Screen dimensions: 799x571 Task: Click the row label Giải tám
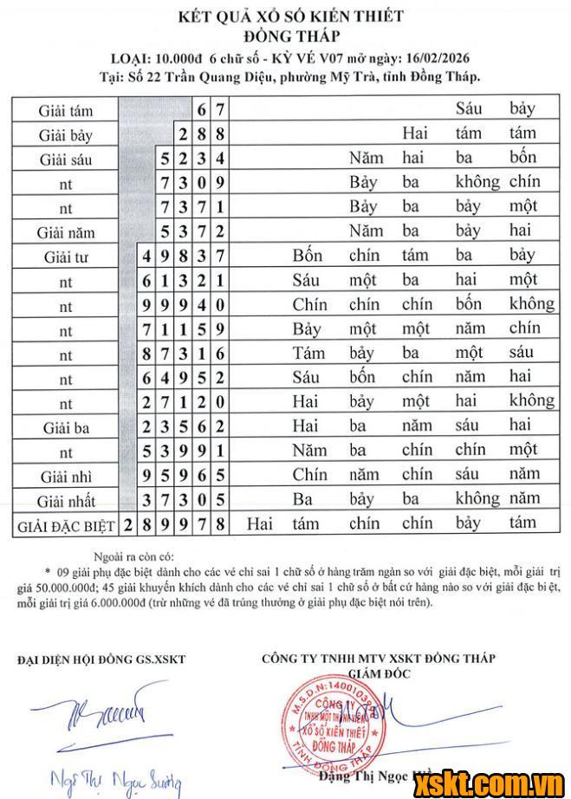(x=65, y=111)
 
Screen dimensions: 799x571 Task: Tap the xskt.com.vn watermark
(x=492, y=783)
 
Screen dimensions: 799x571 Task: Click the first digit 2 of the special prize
(x=129, y=525)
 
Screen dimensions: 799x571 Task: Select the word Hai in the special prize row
(x=260, y=523)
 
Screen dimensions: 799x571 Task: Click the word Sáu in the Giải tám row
(x=468, y=109)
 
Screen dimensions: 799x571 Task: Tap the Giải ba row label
(x=65, y=426)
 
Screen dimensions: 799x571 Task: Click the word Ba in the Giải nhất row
(x=302, y=499)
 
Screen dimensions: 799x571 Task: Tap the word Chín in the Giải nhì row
(x=309, y=475)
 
